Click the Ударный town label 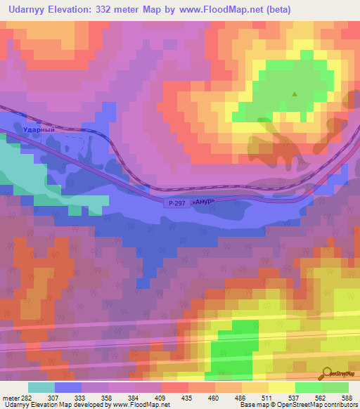point(58,131)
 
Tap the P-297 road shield point(176,203)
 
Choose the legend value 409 point(161,397)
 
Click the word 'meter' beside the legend point(10,397)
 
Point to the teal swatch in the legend point(41,387)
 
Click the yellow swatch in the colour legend point(281,387)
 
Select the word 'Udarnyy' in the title point(27,9)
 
